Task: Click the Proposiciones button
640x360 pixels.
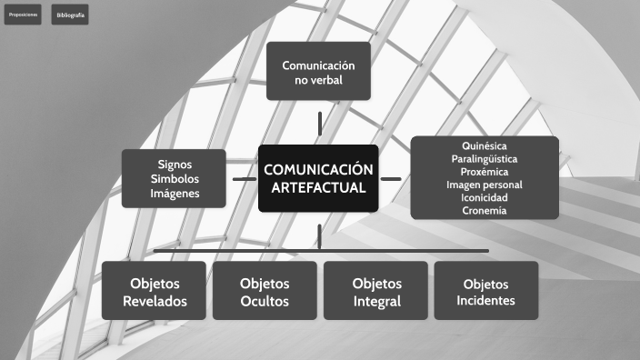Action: coord(23,15)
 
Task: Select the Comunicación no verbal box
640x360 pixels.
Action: coord(318,71)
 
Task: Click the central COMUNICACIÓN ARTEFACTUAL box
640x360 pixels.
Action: coord(318,178)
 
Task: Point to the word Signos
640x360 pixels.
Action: coord(175,164)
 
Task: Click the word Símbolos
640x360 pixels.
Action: coord(175,178)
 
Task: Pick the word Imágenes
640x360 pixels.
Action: coord(175,193)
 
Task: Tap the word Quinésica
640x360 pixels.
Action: coord(485,145)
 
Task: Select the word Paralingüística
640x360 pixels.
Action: coord(485,158)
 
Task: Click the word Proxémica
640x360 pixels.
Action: coord(485,172)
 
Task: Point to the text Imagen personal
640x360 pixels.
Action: coord(485,185)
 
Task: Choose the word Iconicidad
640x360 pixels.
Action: coord(485,197)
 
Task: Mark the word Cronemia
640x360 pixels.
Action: coord(485,210)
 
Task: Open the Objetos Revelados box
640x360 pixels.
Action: coord(155,291)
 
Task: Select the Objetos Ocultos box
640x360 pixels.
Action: coord(265,291)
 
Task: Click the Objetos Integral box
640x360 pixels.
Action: coord(376,291)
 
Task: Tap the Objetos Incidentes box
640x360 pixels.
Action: coord(485,291)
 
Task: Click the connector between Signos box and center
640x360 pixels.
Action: coord(244,179)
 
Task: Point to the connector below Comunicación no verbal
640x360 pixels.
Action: coord(319,123)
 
